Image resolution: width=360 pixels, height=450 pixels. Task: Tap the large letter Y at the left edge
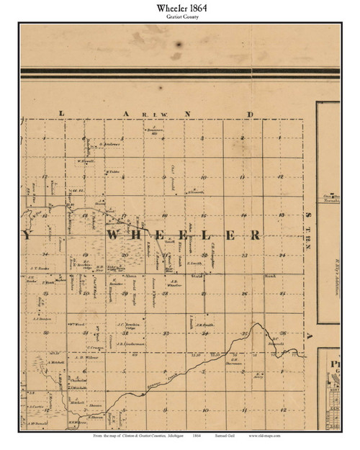27,236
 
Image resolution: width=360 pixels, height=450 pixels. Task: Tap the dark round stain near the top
177,42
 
